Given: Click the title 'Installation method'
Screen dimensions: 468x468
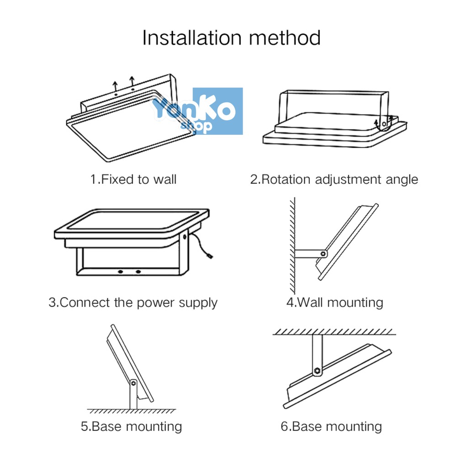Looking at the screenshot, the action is [232, 38].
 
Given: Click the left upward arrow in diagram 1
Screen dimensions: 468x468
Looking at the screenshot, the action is [116, 86].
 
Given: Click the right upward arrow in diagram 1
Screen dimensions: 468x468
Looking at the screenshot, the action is [132, 81].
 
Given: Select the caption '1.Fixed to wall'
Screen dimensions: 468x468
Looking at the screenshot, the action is [133, 179].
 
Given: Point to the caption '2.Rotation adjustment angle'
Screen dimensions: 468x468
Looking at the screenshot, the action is [334, 180].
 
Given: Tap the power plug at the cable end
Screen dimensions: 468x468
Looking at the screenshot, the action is [210, 256].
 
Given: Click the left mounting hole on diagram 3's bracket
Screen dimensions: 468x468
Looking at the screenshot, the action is [120, 271].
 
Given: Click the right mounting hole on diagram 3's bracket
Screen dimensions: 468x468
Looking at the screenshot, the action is [138, 271].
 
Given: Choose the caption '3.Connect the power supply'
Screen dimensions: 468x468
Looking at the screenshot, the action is [133, 303].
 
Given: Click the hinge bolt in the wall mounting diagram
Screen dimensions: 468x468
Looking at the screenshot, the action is [323, 254].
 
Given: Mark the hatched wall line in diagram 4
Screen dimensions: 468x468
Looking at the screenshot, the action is [292, 245].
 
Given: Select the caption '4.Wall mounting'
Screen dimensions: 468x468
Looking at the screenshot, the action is [335, 303].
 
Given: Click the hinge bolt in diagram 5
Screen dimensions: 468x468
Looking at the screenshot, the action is [133, 383].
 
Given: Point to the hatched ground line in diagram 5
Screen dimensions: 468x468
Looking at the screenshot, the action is [131, 411].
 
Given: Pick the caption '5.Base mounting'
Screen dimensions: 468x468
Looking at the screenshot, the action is [131, 426].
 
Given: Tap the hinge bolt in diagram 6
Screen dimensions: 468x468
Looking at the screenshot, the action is [317, 371].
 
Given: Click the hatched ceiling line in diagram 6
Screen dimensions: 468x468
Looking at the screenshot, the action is [334, 332].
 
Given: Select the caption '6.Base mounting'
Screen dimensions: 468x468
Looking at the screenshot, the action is [331, 426].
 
